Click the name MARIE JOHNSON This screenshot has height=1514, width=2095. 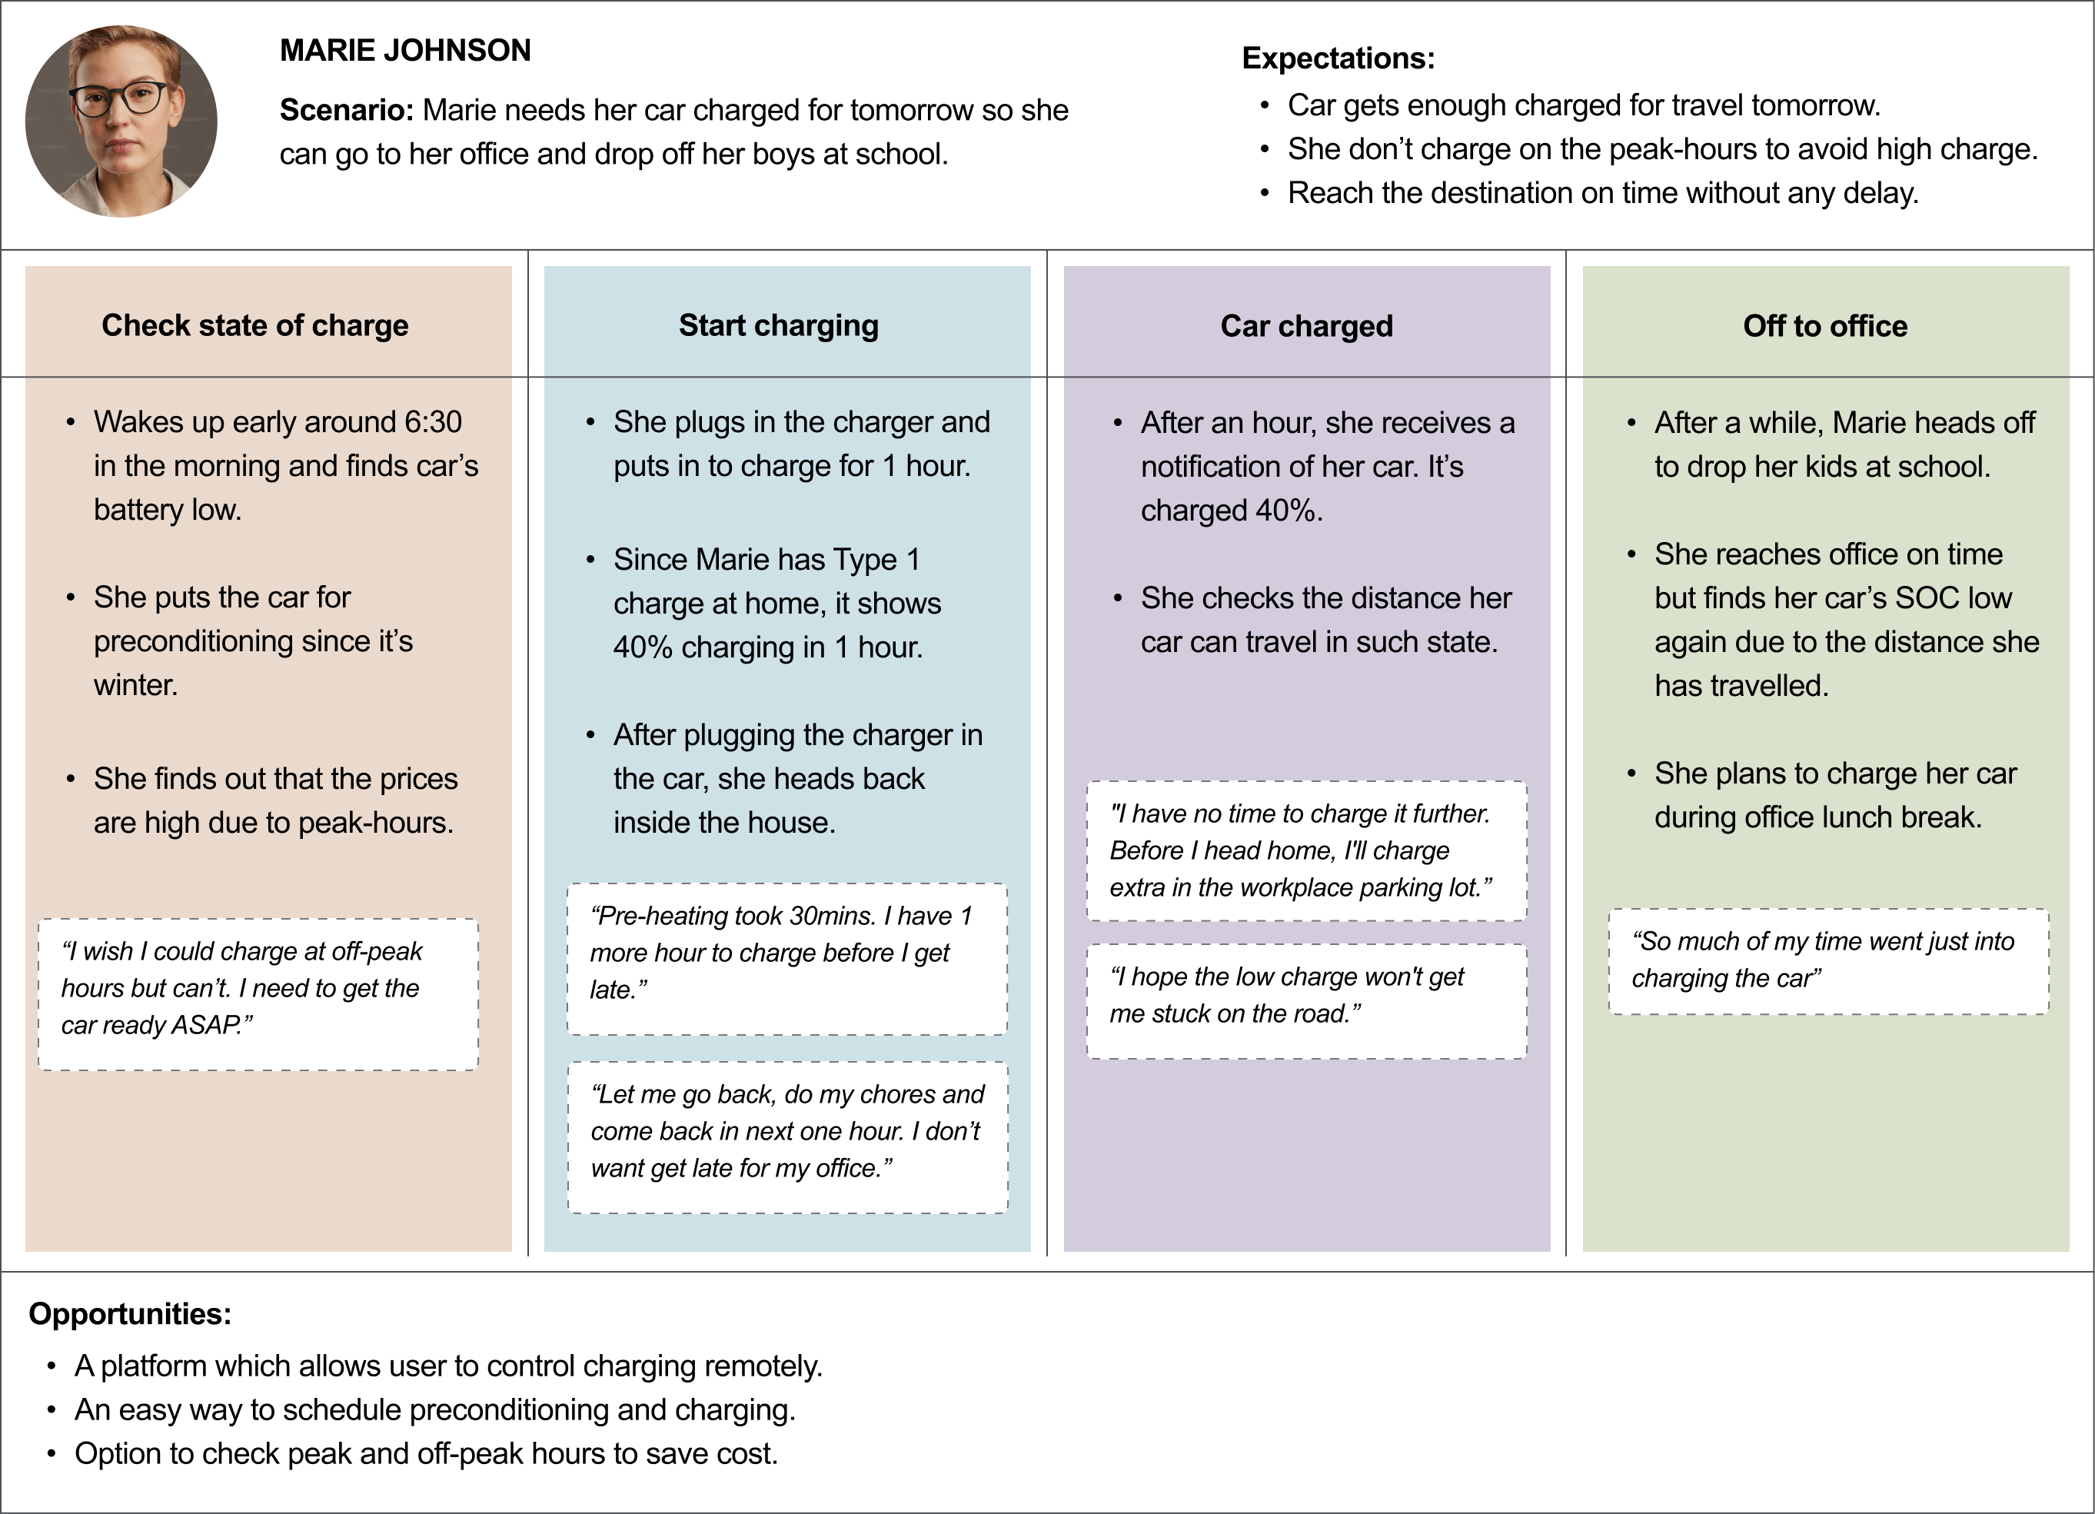click(405, 50)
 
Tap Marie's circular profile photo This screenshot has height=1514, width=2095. click(121, 121)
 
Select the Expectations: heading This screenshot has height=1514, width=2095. click(1338, 58)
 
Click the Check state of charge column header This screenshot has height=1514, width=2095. click(255, 325)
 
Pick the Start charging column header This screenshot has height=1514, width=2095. click(779, 325)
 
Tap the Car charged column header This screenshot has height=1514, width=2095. click(1306, 326)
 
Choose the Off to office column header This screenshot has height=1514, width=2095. click(1825, 326)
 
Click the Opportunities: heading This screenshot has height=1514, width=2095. click(130, 1313)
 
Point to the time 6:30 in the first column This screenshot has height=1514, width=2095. click(434, 422)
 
